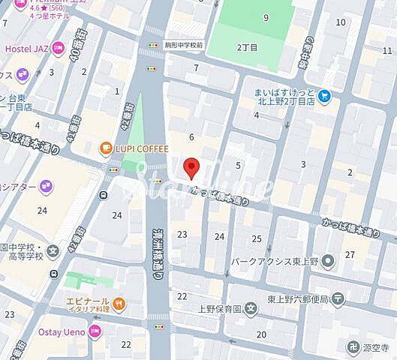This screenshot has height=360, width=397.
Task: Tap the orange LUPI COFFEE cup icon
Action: coord(107,148)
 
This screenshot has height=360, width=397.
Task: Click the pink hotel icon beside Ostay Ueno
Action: coord(95,331)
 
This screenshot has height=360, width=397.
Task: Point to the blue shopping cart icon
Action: coord(323,94)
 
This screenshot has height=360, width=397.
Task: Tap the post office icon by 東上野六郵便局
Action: coord(338,298)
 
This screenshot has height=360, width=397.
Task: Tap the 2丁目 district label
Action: coord(248,46)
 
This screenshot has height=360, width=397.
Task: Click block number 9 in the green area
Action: coord(266,17)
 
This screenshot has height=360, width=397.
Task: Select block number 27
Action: coord(350,255)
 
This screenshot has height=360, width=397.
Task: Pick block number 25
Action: coord(257,238)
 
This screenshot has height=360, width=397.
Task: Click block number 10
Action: coord(341,22)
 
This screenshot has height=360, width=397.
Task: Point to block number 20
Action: coord(261,334)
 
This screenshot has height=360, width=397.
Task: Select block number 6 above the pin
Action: coord(192,136)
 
